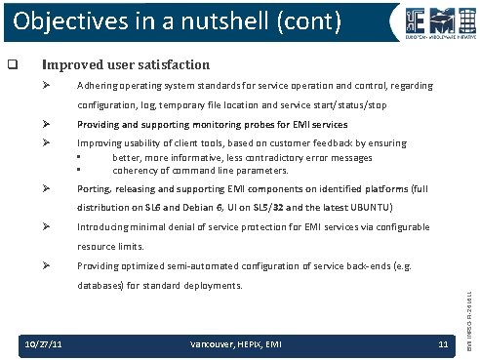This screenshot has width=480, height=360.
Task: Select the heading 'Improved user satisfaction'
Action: point(124,65)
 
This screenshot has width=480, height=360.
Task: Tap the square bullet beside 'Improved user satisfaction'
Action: point(14,66)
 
